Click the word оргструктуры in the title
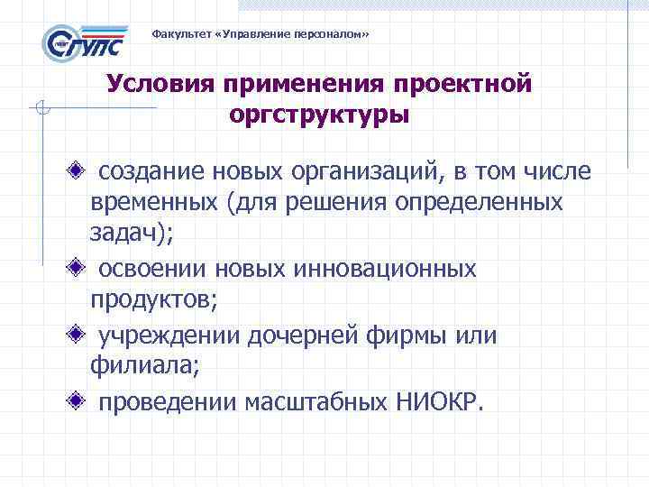[319, 116]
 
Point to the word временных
[151, 203]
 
